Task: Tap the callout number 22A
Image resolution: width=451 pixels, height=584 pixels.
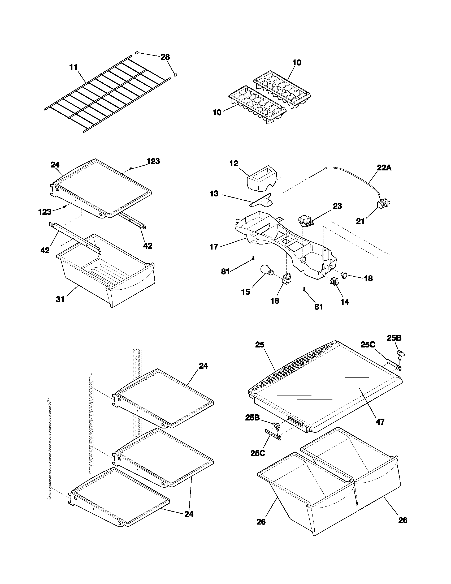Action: [384, 168]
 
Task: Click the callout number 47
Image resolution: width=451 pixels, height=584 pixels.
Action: [380, 422]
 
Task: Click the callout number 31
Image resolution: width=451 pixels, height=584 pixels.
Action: [60, 299]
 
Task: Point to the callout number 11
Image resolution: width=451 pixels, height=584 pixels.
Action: [73, 67]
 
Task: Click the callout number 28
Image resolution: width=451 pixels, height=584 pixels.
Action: [165, 57]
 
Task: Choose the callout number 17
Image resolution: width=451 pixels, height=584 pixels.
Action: [214, 247]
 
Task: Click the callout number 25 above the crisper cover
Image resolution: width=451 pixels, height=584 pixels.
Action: [259, 345]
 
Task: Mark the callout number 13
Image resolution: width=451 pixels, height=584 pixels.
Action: [214, 194]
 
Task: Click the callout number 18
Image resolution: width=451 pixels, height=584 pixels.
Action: [368, 278]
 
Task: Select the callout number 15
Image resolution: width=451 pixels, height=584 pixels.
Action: [246, 292]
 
